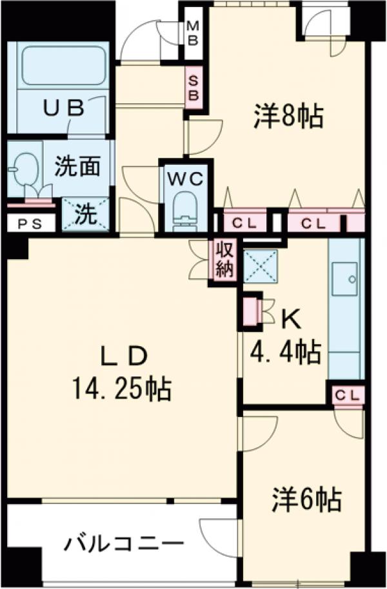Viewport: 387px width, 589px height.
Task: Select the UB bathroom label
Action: tap(64, 108)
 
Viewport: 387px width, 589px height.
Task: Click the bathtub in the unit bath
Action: tap(63, 64)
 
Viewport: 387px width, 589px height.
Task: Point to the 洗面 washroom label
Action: tap(77, 167)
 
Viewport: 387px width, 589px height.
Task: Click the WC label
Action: tap(186, 178)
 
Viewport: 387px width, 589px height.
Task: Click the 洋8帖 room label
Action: tap(288, 116)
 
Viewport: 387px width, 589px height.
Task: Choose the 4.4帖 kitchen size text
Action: tap(286, 351)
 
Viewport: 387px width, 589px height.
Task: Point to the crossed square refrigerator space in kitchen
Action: tap(260, 265)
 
